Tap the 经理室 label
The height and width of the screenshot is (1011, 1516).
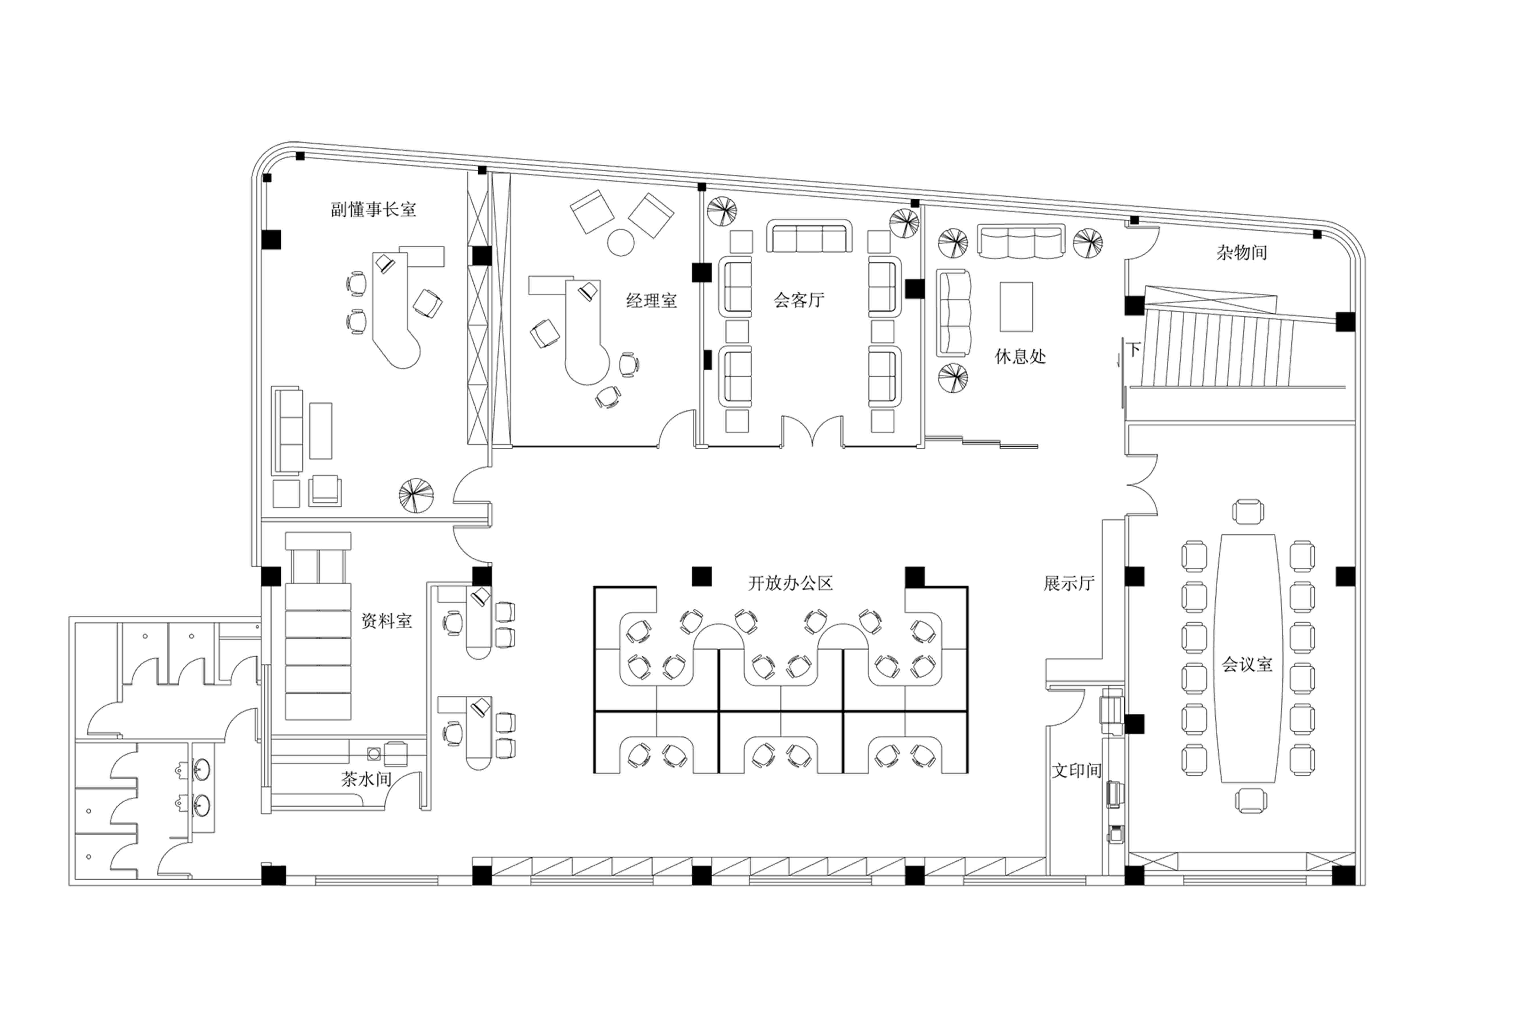tap(652, 300)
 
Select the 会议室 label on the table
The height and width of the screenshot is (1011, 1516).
tap(1247, 665)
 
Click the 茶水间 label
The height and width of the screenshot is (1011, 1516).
tap(366, 780)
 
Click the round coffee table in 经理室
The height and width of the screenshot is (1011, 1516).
tap(621, 243)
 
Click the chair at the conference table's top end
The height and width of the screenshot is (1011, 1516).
tap(1248, 511)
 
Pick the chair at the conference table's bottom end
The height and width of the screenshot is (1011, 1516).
tap(1251, 800)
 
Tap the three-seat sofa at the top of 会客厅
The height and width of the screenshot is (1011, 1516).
tap(809, 236)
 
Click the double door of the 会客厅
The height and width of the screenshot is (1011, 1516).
tap(812, 431)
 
